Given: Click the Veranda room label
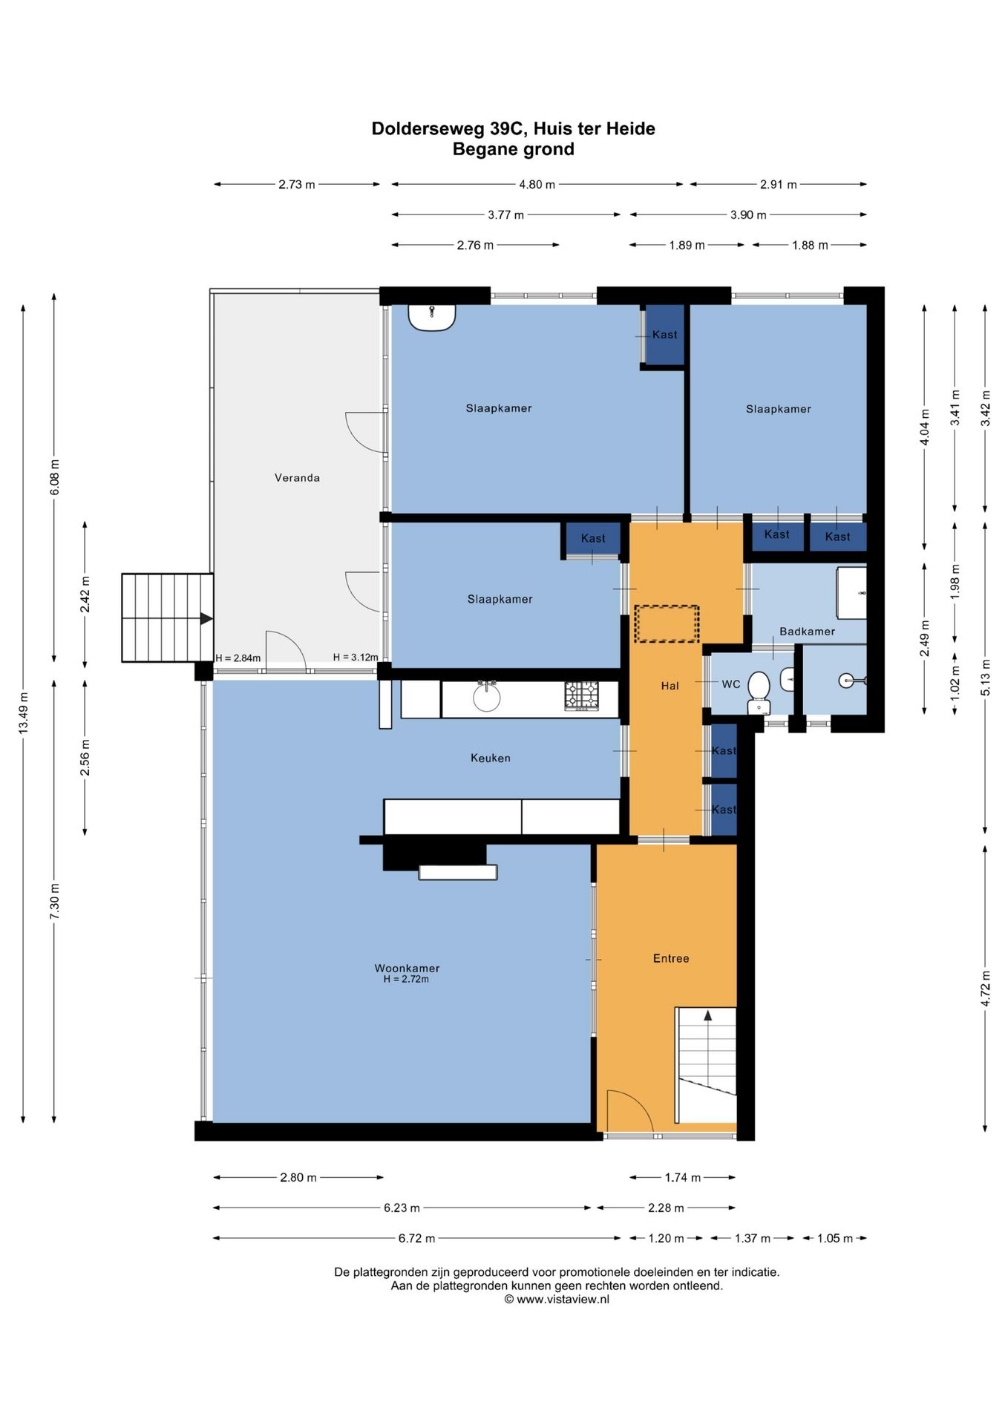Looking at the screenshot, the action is pyautogui.click(x=297, y=477).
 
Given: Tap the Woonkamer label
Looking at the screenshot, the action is pyautogui.click(x=407, y=968).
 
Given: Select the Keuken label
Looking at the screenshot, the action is pyautogui.click(x=490, y=758).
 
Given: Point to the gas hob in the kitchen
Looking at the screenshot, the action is pyautogui.click(x=582, y=695).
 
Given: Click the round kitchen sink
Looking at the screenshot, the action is pyautogui.click(x=487, y=697).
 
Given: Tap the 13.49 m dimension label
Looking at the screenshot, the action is pyautogui.click(x=24, y=712).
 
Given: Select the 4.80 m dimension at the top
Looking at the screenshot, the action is pyautogui.click(x=537, y=184).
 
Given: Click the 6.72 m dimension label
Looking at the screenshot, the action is pyautogui.click(x=416, y=1238).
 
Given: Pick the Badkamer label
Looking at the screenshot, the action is pyautogui.click(x=807, y=632).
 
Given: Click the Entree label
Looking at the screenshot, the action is pyautogui.click(x=671, y=958).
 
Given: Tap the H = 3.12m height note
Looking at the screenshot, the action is pyautogui.click(x=356, y=657).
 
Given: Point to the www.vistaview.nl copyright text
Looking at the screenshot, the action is pyautogui.click(x=557, y=1299).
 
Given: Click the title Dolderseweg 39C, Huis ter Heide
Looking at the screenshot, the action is pyautogui.click(x=513, y=128).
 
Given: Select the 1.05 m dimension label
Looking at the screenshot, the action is pyautogui.click(x=835, y=1238).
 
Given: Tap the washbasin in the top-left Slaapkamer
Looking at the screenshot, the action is pyautogui.click(x=431, y=318).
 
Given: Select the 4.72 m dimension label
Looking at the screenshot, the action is pyautogui.click(x=985, y=989).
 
